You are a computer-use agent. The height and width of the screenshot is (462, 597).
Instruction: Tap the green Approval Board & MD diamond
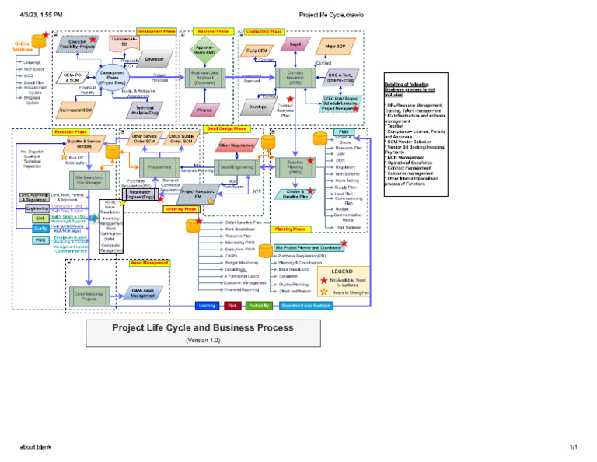pos(204,49)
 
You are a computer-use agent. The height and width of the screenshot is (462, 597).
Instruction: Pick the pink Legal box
pos(295,45)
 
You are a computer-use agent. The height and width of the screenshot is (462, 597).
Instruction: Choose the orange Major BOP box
pos(335,47)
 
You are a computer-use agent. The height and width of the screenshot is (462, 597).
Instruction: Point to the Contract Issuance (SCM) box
pos(295,78)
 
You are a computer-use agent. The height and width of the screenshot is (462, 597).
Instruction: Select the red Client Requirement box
pos(236,145)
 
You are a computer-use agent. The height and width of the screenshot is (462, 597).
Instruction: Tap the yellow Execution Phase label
pos(69,132)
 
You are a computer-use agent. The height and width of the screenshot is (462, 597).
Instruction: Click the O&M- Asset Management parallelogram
pos(142,292)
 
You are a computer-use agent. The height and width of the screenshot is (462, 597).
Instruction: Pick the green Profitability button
pos(259,306)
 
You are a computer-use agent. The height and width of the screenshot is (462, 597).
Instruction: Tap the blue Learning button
pos(206,306)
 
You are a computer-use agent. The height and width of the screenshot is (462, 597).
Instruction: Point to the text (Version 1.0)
pos(203,340)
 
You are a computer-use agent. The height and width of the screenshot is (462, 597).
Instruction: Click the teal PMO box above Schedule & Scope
pos(343,132)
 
